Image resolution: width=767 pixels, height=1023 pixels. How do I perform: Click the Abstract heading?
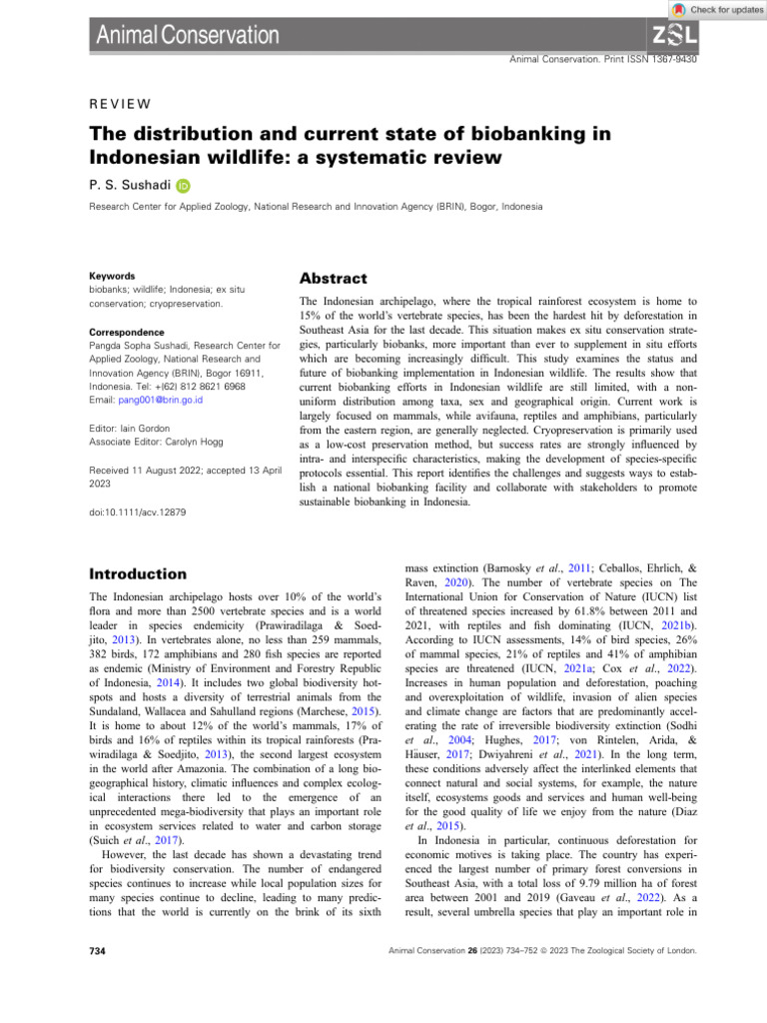pyautogui.click(x=335, y=279)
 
